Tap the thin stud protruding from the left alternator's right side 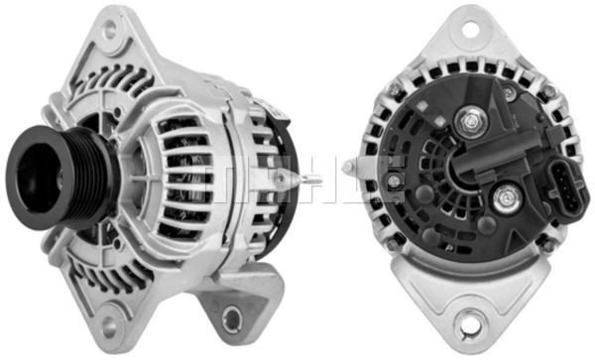click(310, 180)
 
